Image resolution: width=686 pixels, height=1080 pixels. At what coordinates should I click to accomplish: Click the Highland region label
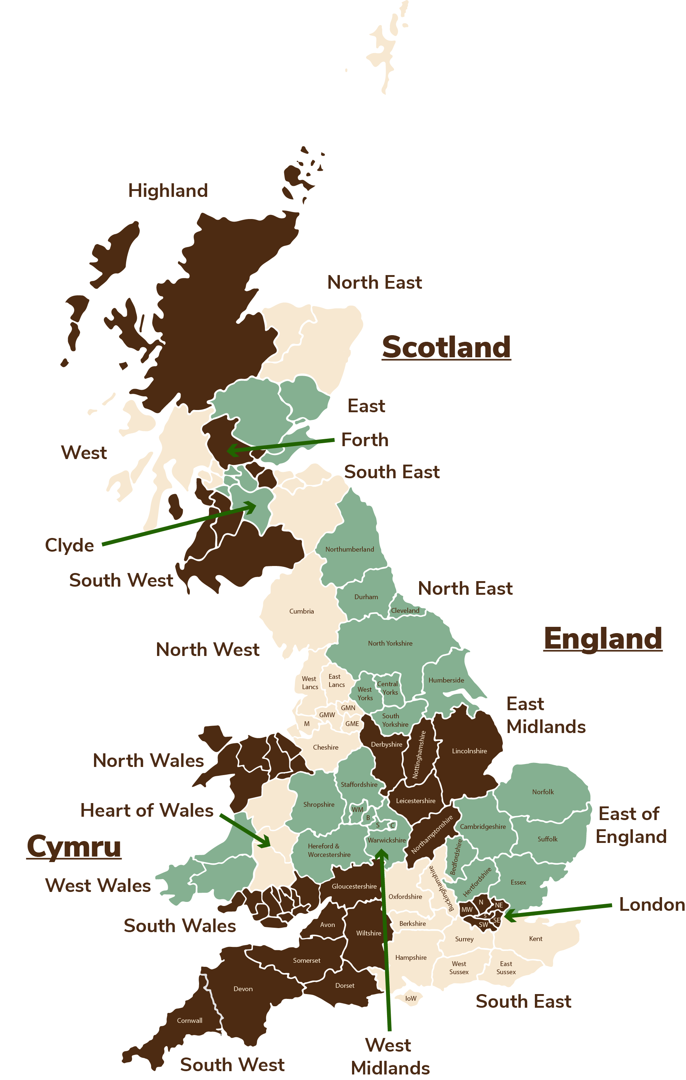pos(168,191)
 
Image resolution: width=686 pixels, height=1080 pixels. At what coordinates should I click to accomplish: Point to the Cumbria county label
pos(301,611)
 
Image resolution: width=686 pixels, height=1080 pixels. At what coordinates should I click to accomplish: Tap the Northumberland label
pos(349,549)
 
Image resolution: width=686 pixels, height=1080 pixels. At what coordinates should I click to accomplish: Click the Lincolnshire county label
pos(469,751)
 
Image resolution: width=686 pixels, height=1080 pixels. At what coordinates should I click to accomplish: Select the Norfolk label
pos(543,792)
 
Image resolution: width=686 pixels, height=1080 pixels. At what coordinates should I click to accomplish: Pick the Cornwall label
pos(190,1020)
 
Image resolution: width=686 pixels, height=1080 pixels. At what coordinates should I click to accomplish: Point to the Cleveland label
pos(405,610)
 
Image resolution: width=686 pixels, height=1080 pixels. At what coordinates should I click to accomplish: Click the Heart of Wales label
pos(147,810)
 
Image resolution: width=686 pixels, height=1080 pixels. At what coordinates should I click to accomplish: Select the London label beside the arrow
pos(652,904)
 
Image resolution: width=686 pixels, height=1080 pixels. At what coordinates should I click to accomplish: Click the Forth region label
pos(365,440)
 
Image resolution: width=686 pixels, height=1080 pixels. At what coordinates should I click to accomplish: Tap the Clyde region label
pos(70,545)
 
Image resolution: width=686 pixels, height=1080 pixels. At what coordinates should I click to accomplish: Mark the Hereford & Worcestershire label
pos(329,850)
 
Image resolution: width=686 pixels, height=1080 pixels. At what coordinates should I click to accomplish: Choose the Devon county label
pos(243,989)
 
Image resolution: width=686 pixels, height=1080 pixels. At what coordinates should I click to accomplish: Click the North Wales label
pos(149,761)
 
